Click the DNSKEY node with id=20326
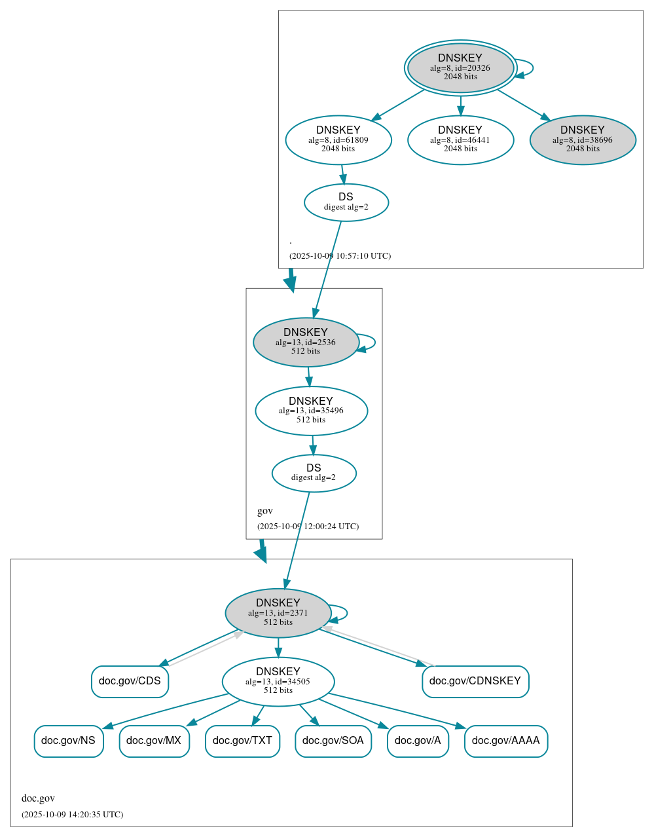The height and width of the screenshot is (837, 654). [460, 67]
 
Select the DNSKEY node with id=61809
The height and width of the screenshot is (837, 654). [338, 139]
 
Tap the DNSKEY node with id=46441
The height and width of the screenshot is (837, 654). [460, 139]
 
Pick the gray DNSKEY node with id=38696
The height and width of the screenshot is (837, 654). [583, 139]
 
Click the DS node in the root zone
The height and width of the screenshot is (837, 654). [346, 202]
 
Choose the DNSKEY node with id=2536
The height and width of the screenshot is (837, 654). [306, 342]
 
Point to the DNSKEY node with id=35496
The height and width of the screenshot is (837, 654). [311, 411]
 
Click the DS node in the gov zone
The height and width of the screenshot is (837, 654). [314, 473]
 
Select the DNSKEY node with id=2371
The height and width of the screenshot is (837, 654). [278, 613]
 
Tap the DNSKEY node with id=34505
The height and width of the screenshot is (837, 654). [278, 682]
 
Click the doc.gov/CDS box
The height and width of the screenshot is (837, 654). [130, 681]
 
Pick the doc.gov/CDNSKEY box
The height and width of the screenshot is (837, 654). [475, 681]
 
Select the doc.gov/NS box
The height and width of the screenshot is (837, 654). [69, 741]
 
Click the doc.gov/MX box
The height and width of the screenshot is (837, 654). [154, 741]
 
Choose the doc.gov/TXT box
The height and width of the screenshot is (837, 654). [242, 741]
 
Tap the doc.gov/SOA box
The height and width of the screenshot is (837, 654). [333, 741]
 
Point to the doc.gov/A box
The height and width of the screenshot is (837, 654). [418, 741]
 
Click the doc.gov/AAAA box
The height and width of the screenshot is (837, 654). [506, 741]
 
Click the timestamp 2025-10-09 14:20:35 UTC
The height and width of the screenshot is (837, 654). [72, 815]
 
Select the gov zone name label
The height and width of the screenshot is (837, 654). [265, 511]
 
